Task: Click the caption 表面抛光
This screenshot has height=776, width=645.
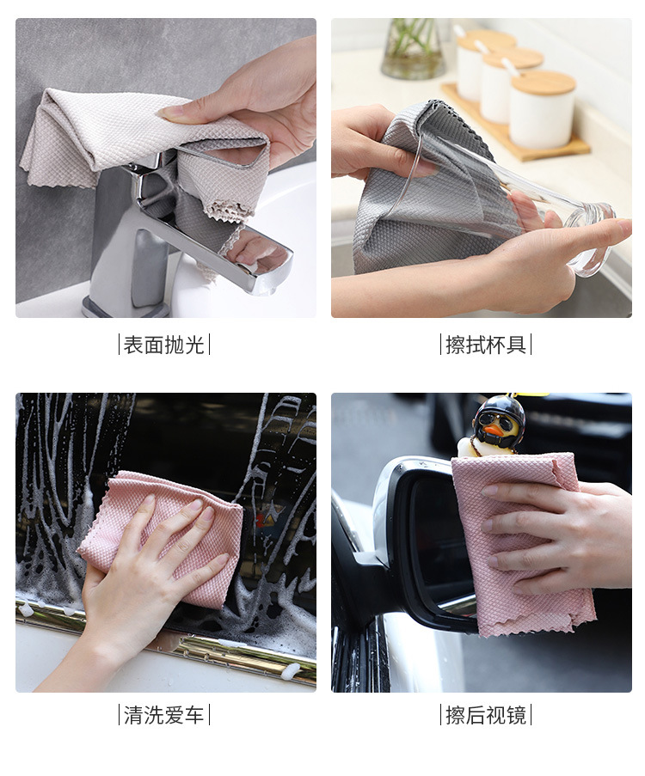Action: coord(164,345)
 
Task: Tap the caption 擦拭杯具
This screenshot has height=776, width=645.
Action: coord(486,345)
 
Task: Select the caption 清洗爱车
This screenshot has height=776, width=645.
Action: coord(164,715)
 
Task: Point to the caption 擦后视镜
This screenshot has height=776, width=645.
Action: coord(486,715)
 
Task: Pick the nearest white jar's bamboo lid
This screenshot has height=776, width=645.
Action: coord(543,82)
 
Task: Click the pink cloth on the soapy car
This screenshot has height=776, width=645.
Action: coord(163,535)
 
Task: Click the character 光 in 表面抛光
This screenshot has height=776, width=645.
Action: coord(194,345)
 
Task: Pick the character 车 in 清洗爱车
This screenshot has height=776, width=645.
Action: coord(194,715)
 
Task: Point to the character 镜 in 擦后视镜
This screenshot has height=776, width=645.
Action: coord(516,715)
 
